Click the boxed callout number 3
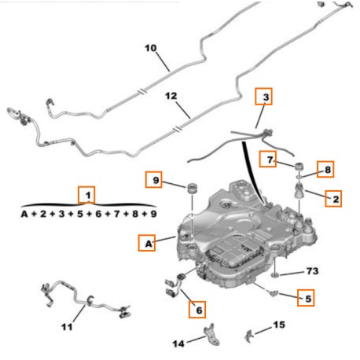pyautogui.click(x=263, y=97)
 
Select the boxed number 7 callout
pyautogui.click(x=267, y=159)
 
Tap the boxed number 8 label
pyautogui.click(x=325, y=169)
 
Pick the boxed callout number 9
pyautogui.click(x=153, y=179)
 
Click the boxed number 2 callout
pyautogui.click(x=333, y=199)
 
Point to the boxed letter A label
pyautogui.click(x=147, y=243)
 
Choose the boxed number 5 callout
pyautogui.click(x=306, y=298)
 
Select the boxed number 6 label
pyautogui.click(x=197, y=310)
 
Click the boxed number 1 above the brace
pyautogui.click(x=86, y=195)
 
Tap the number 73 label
pyautogui.click(x=312, y=271)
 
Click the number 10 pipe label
pyautogui.click(x=151, y=48)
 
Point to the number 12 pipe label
pyautogui.click(x=171, y=96)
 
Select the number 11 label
pyautogui.click(x=67, y=327)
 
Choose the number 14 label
pyautogui.click(x=178, y=343)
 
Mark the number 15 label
pyautogui.click(x=279, y=325)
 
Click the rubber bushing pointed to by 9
pyautogui.click(x=192, y=189)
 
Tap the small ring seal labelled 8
pyautogui.click(x=299, y=178)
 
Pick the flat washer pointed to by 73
pyautogui.click(x=274, y=274)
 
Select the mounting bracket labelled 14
pyautogui.click(x=211, y=334)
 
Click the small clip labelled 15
pyautogui.click(x=248, y=336)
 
